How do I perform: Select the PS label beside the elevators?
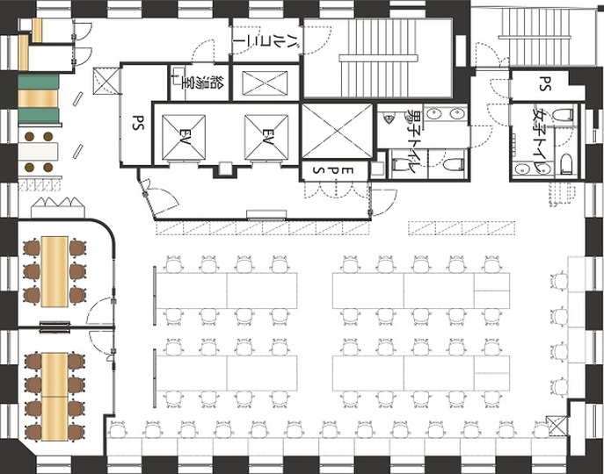pyautogui.click(x=138, y=122)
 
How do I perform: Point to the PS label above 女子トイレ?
pyautogui.click(x=544, y=83)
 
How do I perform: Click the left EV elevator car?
pyautogui.click(x=184, y=137)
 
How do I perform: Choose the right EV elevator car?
pyautogui.click(x=266, y=137)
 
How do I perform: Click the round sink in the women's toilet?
pyautogui.click(x=522, y=169)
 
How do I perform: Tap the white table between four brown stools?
pyautogui.click(x=38, y=152)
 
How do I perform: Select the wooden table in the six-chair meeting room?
pyautogui.click(x=55, y=271)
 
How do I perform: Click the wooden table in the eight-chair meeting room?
pyautogui.click(x=55, y=397)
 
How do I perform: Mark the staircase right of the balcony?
pyautogui.click(x=378, y=58)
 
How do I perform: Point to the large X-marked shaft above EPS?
pyautogui.click(x=337, y=131)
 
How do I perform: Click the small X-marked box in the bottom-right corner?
pyautogui.click(x=557, y=425)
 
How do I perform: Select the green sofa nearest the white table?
pyautogui.click(x=39, y=116)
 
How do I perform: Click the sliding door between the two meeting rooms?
pyautogui.click(x=55, y=327)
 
